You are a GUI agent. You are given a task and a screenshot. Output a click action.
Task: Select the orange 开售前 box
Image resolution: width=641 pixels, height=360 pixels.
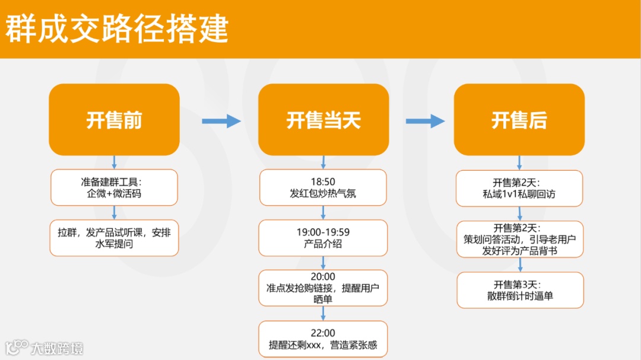[x=114, y=120]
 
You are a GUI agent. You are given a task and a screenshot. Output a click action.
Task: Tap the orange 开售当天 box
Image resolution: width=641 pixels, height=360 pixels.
[x=323, y=120]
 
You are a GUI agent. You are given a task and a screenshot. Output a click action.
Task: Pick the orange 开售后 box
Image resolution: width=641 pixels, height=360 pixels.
[x=519, y=120]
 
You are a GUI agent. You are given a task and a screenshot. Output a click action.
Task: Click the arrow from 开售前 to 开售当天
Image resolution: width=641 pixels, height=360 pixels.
[x=221, y=121]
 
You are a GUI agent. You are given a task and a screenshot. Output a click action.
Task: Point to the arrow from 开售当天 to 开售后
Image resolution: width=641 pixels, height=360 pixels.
[x=424, y=121]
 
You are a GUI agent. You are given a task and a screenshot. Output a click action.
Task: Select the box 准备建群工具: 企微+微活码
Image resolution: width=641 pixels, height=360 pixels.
[x=114, y=187]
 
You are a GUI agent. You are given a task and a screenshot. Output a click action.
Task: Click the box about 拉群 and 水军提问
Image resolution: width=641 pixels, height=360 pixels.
[x=114, y=238]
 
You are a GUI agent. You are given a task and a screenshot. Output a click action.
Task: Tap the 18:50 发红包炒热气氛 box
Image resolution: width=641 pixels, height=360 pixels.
[x=323, y=187]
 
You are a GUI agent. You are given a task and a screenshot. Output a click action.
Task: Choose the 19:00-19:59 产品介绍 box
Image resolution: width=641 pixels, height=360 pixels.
[x=323, y=238]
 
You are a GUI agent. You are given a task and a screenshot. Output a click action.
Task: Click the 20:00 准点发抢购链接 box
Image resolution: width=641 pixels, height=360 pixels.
[x=323, y=288]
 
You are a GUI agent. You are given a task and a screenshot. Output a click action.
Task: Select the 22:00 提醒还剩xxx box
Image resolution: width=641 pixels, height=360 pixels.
[x=323, y=339]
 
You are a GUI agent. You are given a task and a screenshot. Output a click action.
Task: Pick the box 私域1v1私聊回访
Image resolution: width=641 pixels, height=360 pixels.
[x=519, y=188]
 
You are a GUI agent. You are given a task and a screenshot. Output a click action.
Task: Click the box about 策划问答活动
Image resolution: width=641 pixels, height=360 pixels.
[x=519, y=239]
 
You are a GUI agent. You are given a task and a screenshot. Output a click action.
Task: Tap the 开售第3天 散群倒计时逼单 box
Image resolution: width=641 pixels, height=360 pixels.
[x=519, y=289]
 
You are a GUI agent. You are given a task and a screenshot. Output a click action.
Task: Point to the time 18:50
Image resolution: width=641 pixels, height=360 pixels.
[x=323, y=181]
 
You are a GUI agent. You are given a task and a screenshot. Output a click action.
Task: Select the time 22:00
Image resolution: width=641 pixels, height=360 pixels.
[x=323, y=333]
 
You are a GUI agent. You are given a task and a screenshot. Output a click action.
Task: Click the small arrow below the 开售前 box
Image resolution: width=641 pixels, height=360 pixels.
[x=114, y=162]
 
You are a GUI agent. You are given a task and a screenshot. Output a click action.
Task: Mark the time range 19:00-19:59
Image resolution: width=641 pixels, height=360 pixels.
[x=323, y=232]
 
